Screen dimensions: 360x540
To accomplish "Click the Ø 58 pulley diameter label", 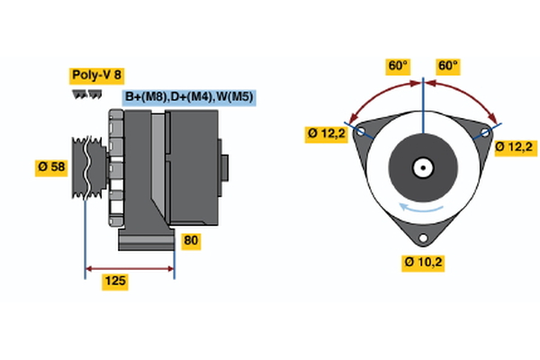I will [x=51, y=167].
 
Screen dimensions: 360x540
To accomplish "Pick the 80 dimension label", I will [x=191, y=240].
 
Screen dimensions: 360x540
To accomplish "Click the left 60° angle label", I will [x=397, y=66].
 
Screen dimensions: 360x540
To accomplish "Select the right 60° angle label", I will [x=447, y=66].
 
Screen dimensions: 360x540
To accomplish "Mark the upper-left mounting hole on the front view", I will [x=361, y=131].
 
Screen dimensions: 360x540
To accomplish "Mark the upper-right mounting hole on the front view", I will [x=485, y=131].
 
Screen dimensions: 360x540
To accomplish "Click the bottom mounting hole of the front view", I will [x=423, y=238].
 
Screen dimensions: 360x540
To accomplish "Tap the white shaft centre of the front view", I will [x=422, y=167].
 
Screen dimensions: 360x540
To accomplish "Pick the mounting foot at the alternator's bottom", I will [x=144, y=241].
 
